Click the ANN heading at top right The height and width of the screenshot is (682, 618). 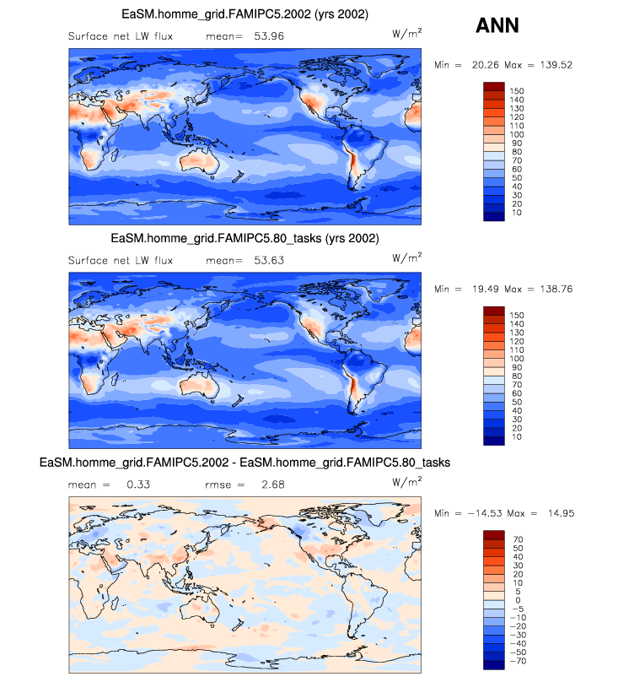[497, 25]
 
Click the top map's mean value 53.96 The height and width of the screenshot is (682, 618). [267, 36]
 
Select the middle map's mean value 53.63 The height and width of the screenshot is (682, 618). [267, 260]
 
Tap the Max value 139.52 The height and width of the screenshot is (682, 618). [554, 65]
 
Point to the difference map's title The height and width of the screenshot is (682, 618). [245, 463]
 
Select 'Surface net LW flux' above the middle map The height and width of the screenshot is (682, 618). [121, 260]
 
